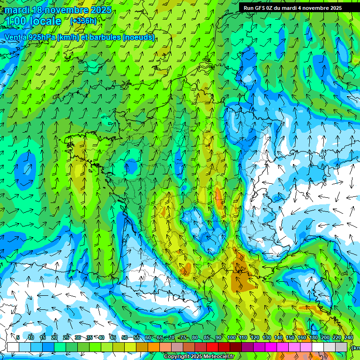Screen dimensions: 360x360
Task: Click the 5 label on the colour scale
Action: tap(18, 338)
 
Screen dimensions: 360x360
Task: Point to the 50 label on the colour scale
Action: tap(125, 338)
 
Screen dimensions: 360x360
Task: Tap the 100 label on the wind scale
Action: tap(232, 338)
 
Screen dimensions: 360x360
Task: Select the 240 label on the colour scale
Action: tap(348, 338)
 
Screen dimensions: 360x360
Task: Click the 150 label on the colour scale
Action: tap(290, 338)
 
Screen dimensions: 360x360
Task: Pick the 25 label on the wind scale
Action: tap(66, 338)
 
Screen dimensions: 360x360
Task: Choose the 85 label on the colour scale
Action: tap(207, 338)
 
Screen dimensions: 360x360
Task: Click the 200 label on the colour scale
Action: tap(325, 338)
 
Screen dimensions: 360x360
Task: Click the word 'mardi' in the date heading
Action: tap(17, 10)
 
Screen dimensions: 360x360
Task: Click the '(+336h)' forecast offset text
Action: tap(83, 21)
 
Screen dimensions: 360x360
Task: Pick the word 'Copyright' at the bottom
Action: tap(176, 357)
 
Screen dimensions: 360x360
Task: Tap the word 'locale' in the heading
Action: tap(45, 21)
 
